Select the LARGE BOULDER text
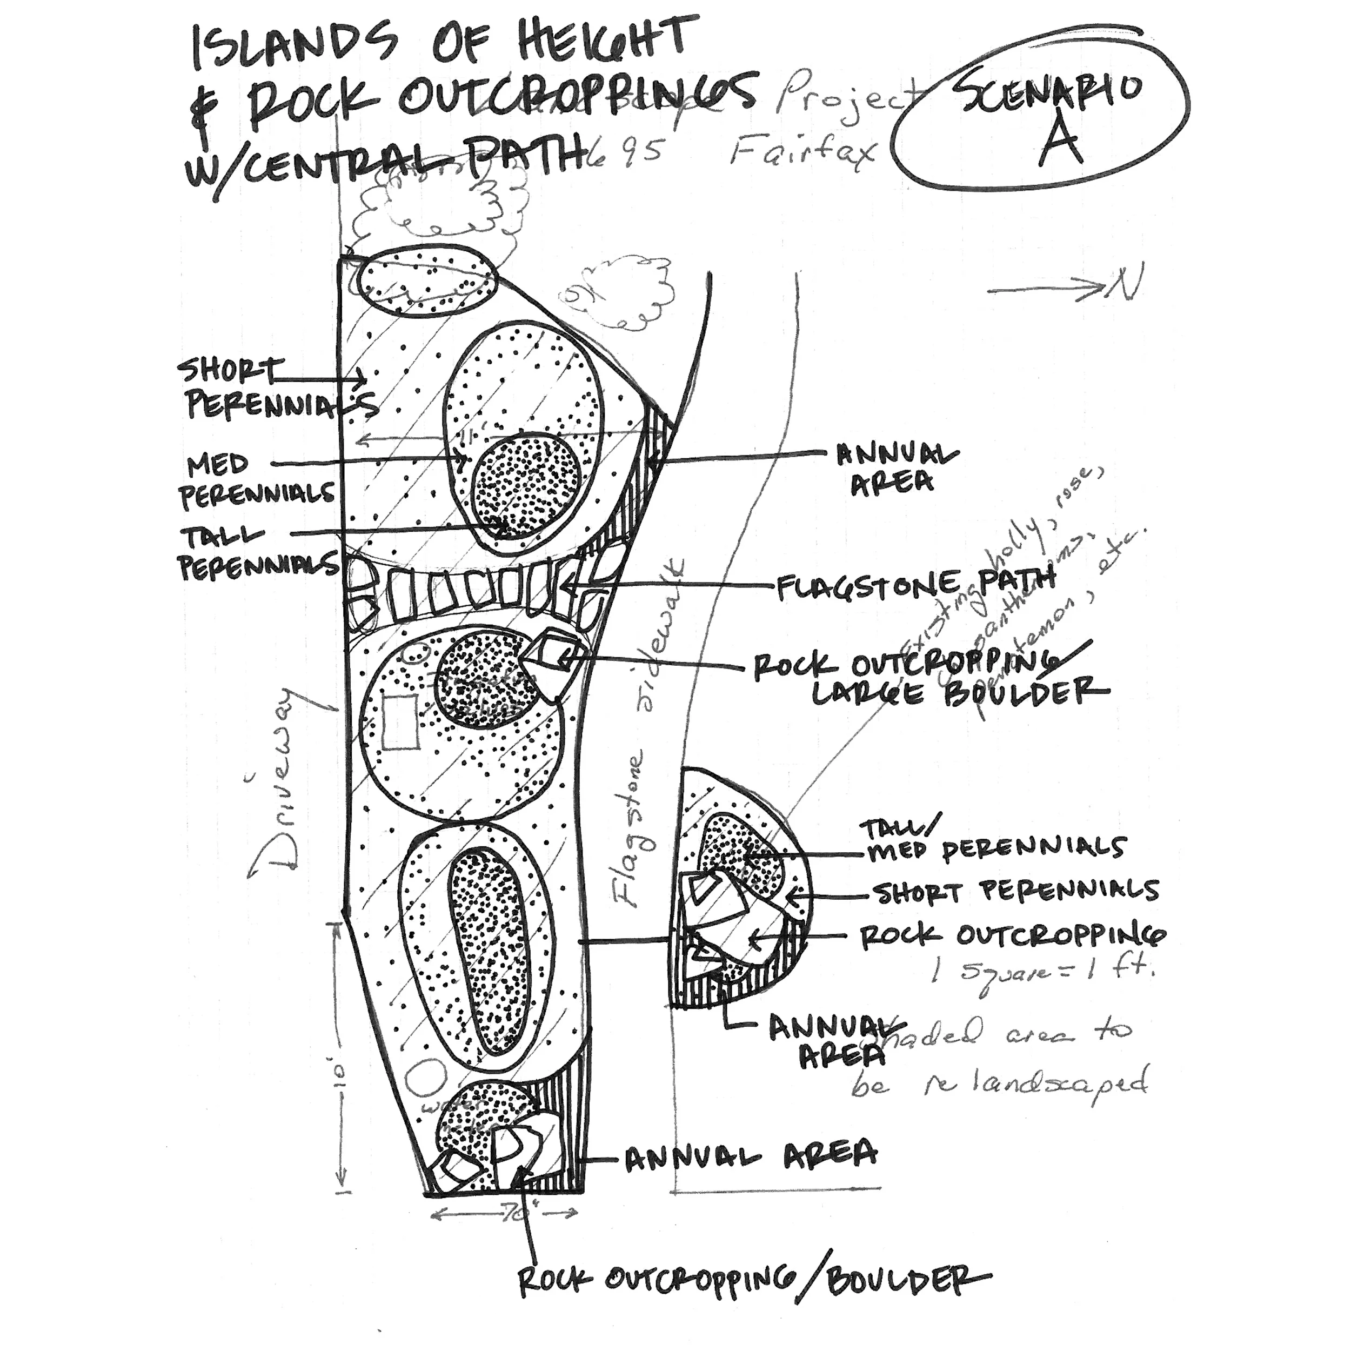point(958,694)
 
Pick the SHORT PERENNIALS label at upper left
point(273,388)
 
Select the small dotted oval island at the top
point(426,281)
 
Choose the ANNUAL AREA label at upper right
point(895,467)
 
